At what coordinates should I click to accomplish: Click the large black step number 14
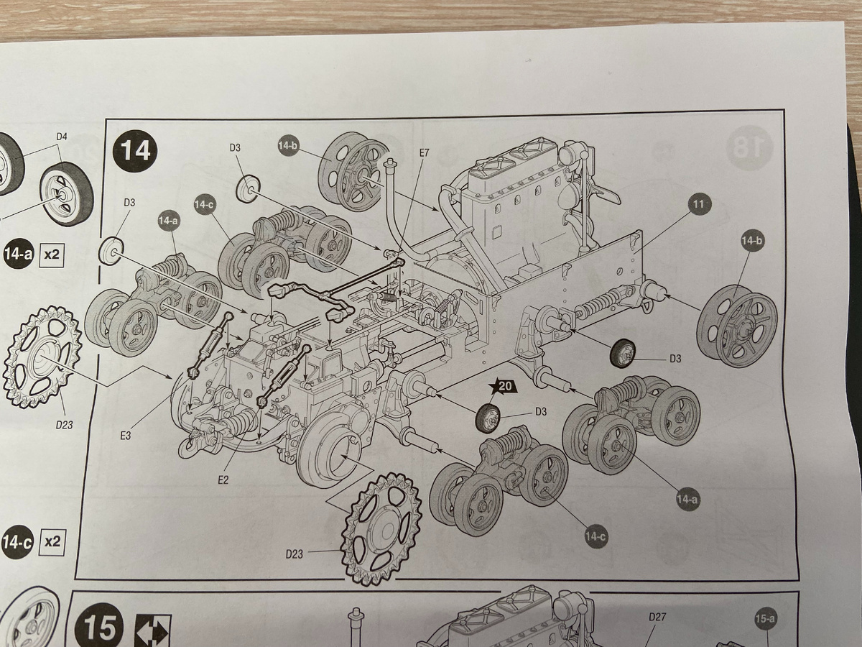(136, 150)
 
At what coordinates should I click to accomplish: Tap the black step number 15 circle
(99, 627)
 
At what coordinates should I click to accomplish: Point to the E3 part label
(125, 436)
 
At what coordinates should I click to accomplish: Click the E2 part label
(223, 479)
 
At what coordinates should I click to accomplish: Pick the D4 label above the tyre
(62, 137)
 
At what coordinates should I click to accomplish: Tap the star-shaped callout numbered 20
(505, 387)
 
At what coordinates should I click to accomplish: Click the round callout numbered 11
(698, 204)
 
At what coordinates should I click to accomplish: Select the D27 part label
(657, 617)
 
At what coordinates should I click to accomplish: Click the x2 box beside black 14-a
(52, 254)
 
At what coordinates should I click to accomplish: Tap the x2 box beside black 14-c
(52, 542)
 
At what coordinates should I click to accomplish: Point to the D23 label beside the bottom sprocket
(294, 554)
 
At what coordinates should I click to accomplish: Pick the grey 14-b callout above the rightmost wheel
(751, 240)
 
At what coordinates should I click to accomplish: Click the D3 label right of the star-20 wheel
(542, 412)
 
